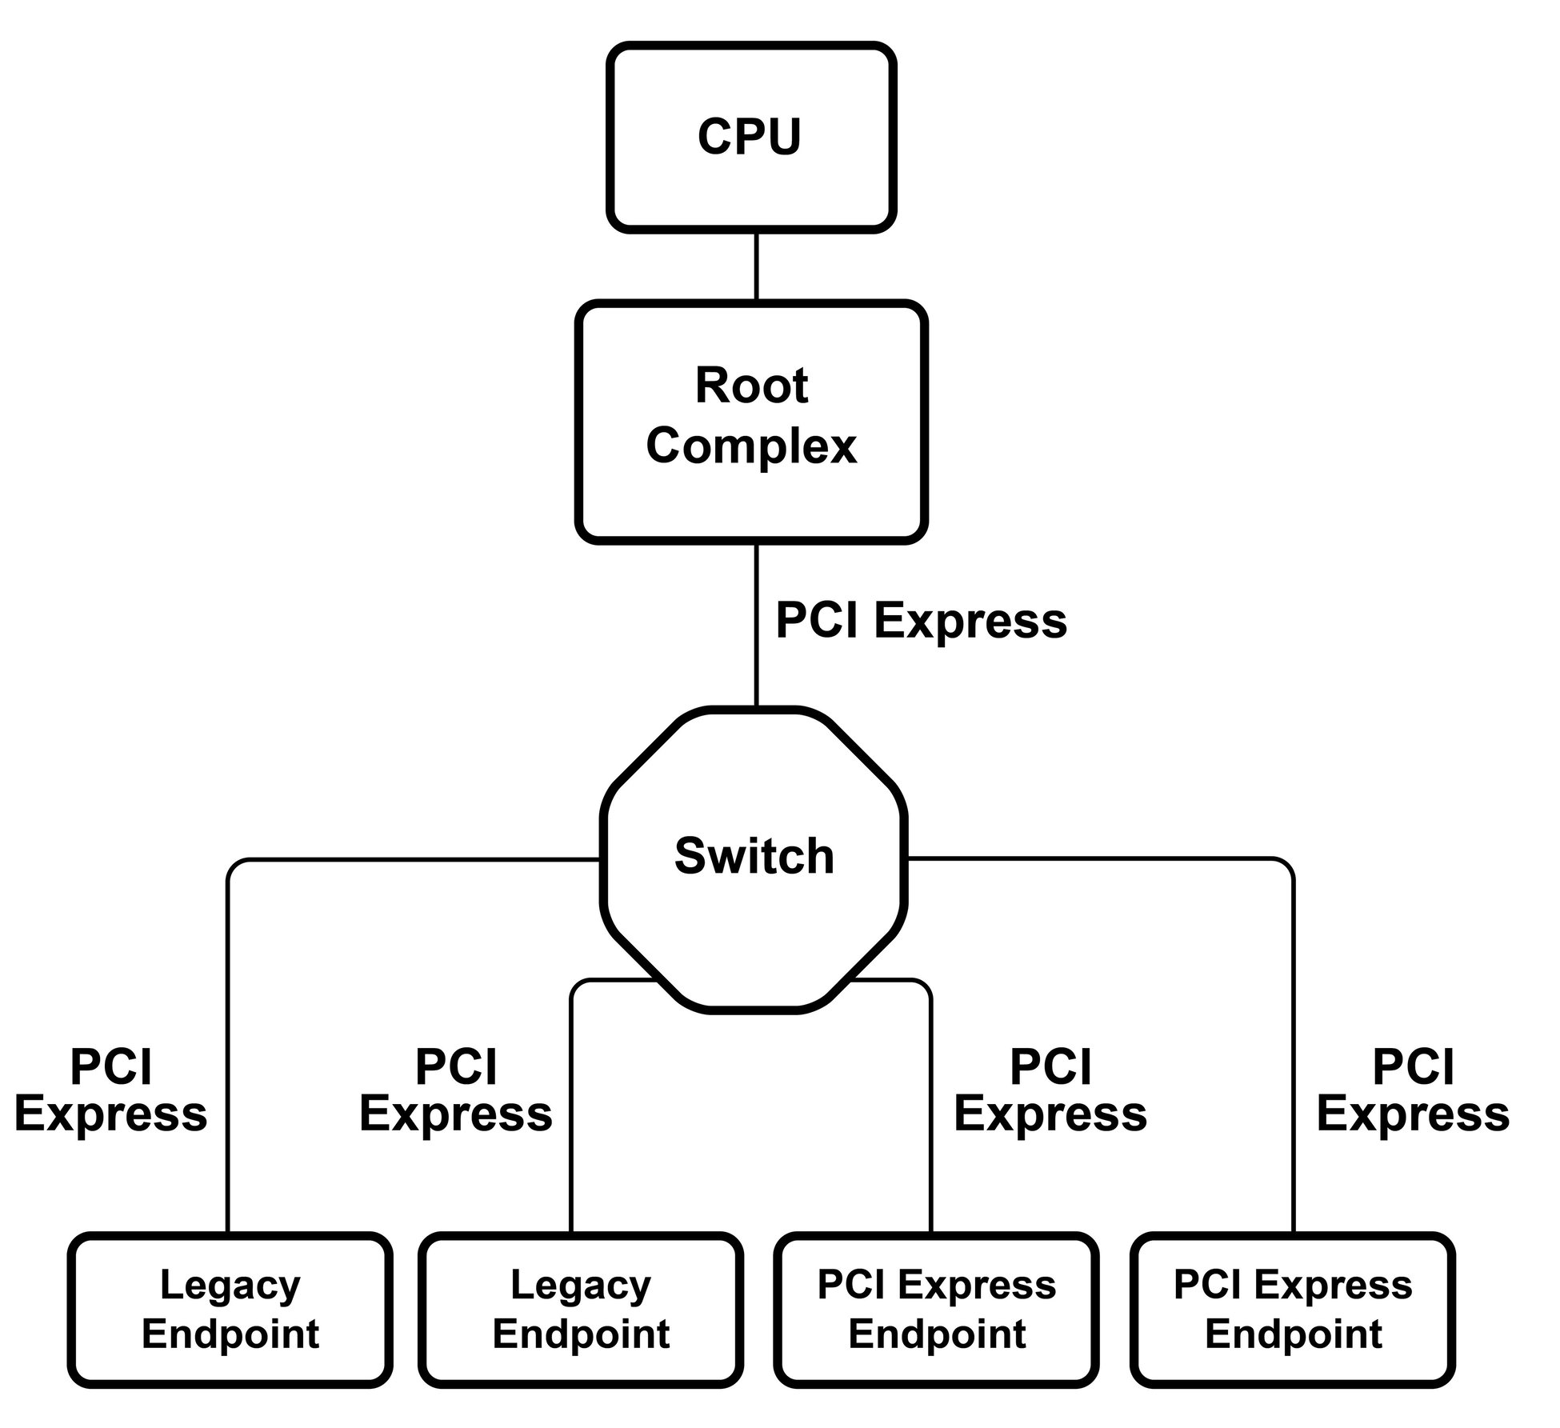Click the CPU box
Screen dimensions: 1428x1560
coord(750,138)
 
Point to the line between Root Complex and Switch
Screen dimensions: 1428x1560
coord(756,624)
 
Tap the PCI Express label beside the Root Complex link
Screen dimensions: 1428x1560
coord(921,621)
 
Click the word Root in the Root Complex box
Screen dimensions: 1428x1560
coord(751,386)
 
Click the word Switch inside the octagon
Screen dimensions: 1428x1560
coord(754,856)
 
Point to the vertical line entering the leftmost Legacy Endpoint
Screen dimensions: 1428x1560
coord(229,1080)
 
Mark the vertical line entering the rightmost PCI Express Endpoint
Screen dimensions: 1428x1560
coord(1293,1080)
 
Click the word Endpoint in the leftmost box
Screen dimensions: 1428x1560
coord(230,1334)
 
